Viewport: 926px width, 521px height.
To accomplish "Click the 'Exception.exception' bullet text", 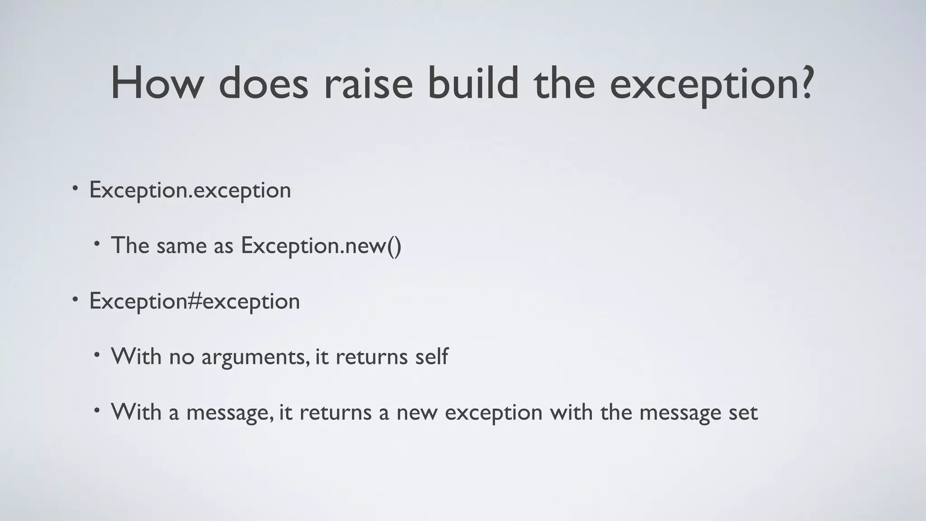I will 190,190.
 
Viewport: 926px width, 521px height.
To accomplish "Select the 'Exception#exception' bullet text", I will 194,301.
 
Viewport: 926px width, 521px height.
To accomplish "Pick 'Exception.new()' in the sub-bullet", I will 321,246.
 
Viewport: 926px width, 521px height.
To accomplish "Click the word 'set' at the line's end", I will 743,412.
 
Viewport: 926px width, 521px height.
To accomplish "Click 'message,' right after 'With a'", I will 230,412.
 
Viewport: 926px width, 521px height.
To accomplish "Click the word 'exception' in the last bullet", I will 493,412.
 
